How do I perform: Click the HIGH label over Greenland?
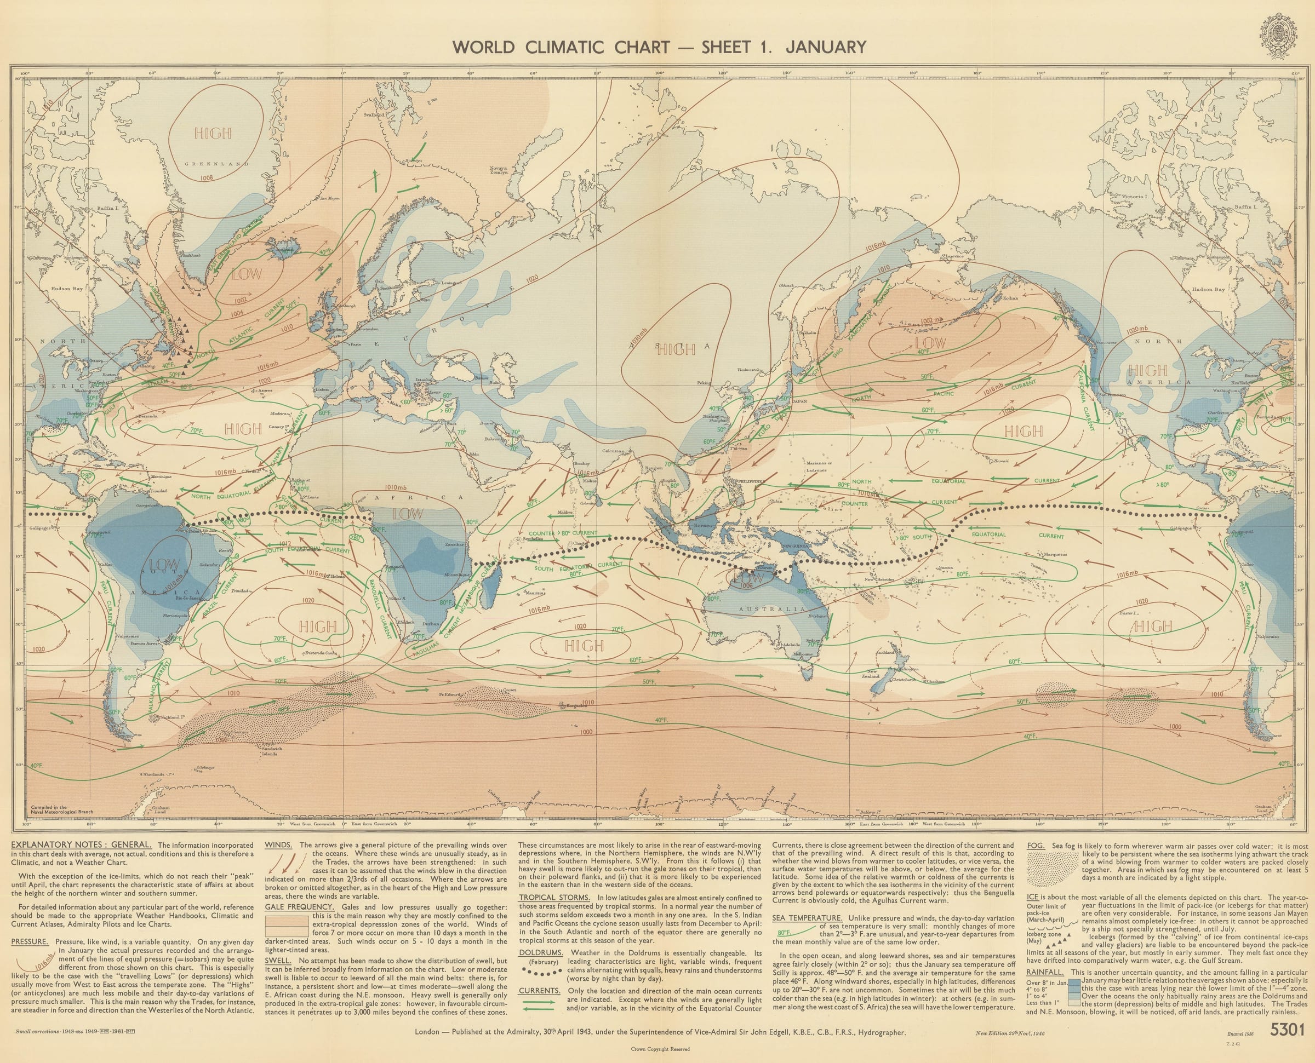(213, 133)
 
